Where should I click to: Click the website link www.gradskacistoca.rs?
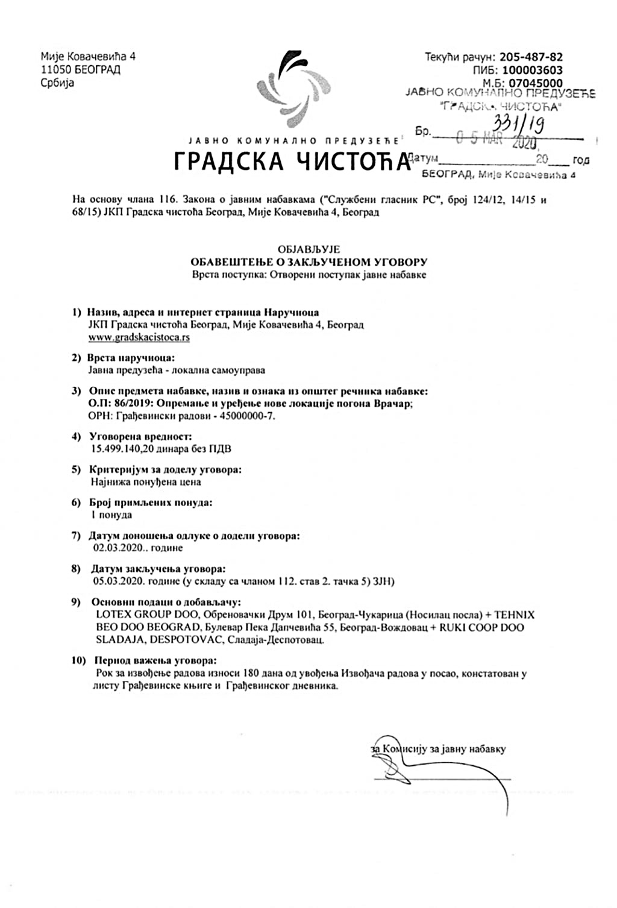coord(139,337)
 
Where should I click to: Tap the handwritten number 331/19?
coord(518,125)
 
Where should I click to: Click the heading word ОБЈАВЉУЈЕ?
coord(309,249)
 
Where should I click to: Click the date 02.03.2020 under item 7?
coord(119,548)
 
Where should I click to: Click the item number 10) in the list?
coord(80,661)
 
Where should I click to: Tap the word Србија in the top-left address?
coord(57,83)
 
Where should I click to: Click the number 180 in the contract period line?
coord(253,674)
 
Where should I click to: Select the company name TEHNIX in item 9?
coord(514,615)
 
